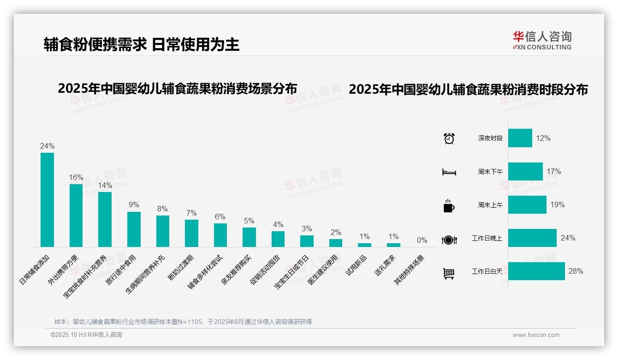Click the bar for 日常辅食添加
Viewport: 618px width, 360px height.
[x=47, y=199]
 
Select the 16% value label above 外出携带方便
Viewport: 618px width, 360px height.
[x=76, y=177]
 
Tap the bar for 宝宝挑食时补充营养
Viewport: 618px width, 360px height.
[x=105, y=219]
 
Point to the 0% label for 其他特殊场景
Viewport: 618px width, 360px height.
[x=422, y=240]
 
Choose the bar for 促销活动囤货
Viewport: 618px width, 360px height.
[x=278, y=239]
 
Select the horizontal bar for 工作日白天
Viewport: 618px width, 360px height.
[x=536, y=271]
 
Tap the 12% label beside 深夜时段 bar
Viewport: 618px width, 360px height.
[x=543, y=138]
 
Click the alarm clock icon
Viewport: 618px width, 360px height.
[x=449, y=138]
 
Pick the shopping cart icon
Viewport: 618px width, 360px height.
[x=449, y=273]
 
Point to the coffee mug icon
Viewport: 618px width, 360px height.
[x=449, y=206]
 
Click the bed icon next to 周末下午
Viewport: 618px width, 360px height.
[x=449, y=172]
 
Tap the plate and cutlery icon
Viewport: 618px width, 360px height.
[x=449, y=240]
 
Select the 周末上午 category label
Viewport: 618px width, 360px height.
[x=490, y=205]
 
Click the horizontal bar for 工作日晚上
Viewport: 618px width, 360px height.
[x=532, y=238]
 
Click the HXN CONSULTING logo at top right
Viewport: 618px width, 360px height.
[x=542, y=40]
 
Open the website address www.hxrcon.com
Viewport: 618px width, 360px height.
[x=536, y=335]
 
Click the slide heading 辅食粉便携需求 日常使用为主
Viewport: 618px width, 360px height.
[x=142, y=44]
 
